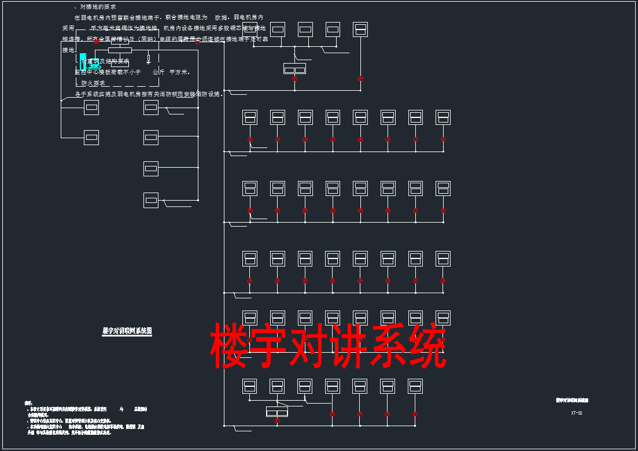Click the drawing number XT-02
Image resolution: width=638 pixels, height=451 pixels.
point(576,413)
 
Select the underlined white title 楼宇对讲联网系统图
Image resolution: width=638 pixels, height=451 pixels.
point(127,331)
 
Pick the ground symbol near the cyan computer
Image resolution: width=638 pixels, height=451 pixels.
point(149,58)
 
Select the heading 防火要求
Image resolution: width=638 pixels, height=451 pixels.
point(93,83)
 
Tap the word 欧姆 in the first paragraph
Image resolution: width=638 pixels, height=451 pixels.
point(221,18)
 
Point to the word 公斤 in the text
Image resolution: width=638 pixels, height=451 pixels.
point(158,72)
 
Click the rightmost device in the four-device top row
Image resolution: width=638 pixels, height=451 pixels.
point(360,29)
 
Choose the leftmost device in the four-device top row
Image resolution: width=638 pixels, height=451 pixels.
point(278,29)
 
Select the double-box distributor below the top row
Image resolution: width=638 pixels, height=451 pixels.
point(294,68)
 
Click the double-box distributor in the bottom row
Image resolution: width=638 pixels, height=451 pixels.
point(276,411)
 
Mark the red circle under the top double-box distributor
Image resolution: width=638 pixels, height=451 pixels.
point(294,79)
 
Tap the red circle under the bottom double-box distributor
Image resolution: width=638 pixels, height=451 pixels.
point(277,420)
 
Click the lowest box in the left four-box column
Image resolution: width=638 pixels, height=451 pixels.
point(150,200)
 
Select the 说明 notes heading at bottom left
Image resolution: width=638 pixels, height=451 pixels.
point(28,402)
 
